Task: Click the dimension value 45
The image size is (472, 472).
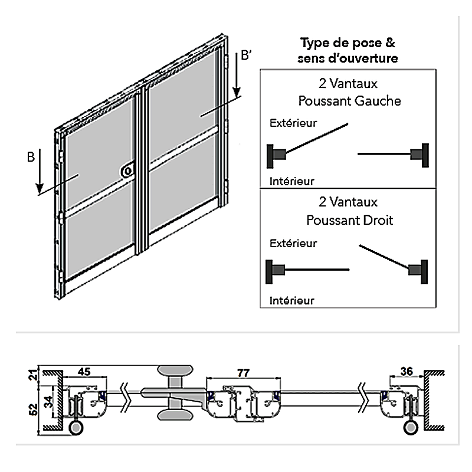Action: (x=84, y=371)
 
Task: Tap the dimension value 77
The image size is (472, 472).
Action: (x=242, y=372)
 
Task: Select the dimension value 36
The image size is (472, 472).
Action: (x=406, y=371)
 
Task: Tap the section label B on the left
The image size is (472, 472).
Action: (x=31, y=157)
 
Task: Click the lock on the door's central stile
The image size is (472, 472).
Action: (x=127, y=171)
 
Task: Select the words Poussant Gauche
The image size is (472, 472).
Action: (x=349, y=101)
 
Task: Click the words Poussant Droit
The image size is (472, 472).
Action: (x=349, y=220)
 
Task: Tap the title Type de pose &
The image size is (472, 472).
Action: (x=348, y=43)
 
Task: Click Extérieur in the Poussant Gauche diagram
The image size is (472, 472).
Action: (x=293, y=124)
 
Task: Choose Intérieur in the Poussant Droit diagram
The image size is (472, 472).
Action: (x=291, y=300)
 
